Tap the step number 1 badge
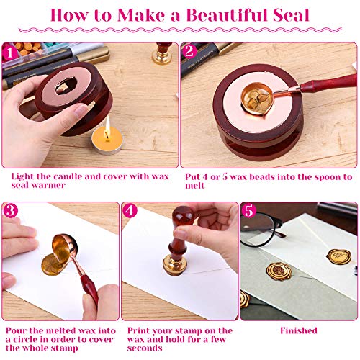coord(11,52)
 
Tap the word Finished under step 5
coord(298,330)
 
